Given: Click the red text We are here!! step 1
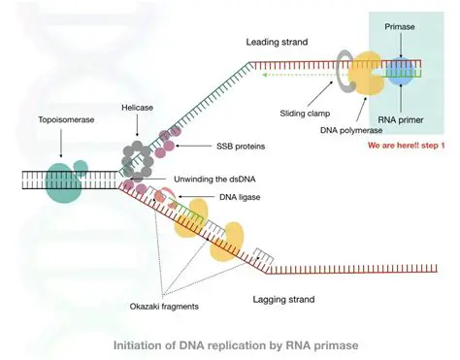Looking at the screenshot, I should coord(402,147).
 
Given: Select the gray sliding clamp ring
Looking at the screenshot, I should coord(345,71).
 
